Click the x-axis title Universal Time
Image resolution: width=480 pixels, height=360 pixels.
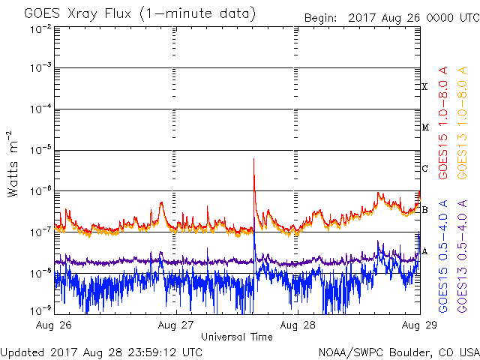pyautogui.click(x=236, y=337)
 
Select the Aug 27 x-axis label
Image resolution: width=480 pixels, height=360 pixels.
pyautogui.click(x=175, y=326)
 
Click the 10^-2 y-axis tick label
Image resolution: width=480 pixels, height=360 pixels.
pyautogui.click(x=40, y=28)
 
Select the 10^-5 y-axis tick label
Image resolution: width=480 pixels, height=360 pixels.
pyautogui.click(x=40, y=149)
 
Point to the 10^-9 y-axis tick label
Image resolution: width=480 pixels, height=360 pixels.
pyautogui.click(x=40, y=310)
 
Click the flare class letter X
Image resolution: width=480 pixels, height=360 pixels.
pyautogui.click(x=424, y=87)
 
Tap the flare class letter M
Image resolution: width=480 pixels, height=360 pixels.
pyautogui.click(x=424, y=127)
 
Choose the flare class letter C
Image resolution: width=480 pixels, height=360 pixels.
pyautogui.click(x=424, y=168)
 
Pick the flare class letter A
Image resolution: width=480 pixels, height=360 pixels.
pyautogui.click(x=424, y=250)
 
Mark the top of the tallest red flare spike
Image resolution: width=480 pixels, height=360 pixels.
pyautogui.click(x=254, y=159)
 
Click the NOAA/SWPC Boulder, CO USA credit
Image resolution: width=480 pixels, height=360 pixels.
pyautogui.click(x=398, y=351)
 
